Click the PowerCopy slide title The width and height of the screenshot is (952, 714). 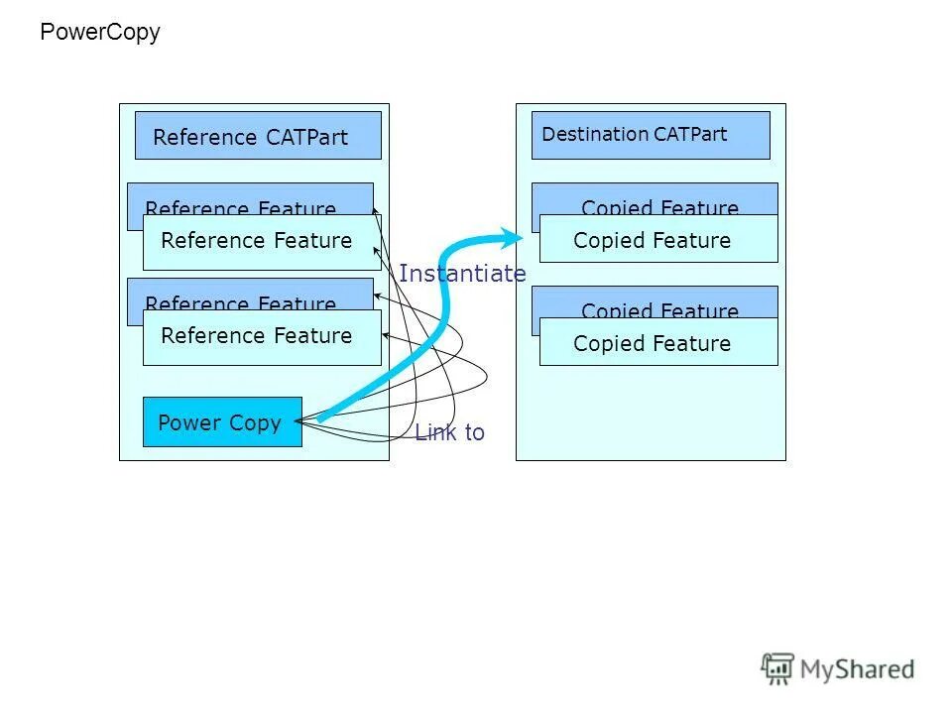point(99,33)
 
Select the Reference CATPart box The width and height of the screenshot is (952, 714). point(258,136)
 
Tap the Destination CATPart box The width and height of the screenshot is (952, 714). point(651,135)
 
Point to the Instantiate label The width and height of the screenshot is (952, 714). point(462,274)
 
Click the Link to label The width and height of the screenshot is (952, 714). point(449,432)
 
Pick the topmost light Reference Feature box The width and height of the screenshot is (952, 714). point(262,242)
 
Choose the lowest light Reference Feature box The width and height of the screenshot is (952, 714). point(262,337)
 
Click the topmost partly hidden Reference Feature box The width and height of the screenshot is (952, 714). point(248,197)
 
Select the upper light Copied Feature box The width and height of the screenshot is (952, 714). point(658,239)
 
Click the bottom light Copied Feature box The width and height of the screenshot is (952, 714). point(658,342)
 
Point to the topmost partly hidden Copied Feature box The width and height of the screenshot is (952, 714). point(654,197)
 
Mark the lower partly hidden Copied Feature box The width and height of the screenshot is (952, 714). point(654,300)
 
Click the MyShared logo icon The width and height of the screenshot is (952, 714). point(778,668)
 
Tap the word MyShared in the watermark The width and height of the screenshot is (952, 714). point(857,670)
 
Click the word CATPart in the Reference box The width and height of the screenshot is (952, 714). point(306,138)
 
